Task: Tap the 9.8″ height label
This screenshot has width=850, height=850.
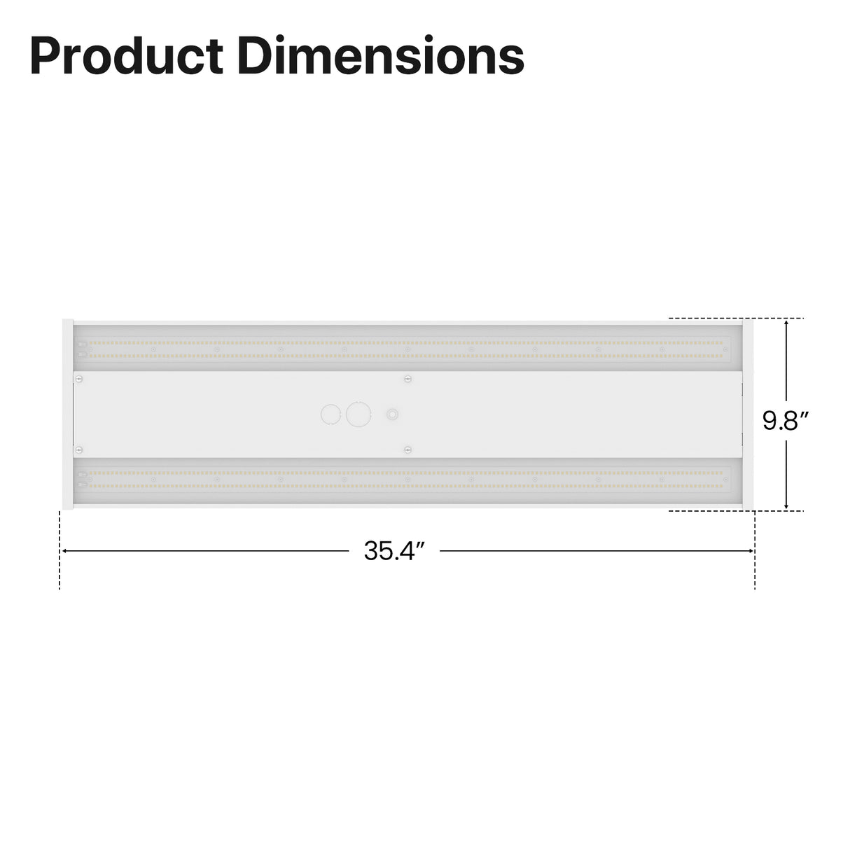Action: coord(786,421)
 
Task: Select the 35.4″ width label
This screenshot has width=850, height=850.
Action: coord(394,552)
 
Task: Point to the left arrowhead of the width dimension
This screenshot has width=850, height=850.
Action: coord(64,551)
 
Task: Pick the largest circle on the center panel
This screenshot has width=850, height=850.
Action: coord(358,414)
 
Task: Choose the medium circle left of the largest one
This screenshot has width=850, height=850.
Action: coord(330,414)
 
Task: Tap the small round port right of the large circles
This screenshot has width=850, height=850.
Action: coord(393,414)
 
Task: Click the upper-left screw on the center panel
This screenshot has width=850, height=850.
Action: coord(79,379)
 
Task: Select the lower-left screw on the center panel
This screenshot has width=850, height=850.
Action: coord(79,450)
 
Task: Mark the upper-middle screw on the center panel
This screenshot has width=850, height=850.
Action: coord(407,379)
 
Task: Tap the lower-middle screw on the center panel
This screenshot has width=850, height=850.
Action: coord(407,450)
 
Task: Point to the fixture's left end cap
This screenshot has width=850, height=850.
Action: coord(68,414)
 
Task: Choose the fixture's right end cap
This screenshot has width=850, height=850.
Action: coord(747,414)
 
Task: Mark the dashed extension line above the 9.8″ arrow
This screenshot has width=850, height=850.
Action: coord(735,319)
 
